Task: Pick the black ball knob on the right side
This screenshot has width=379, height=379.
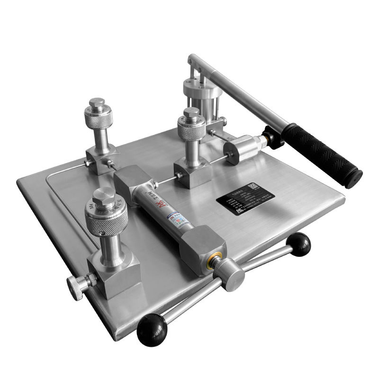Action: pyautogui.click(x=299, y=245)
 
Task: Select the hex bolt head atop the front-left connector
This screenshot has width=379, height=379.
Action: pyautogui.click(x=104, y=196)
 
